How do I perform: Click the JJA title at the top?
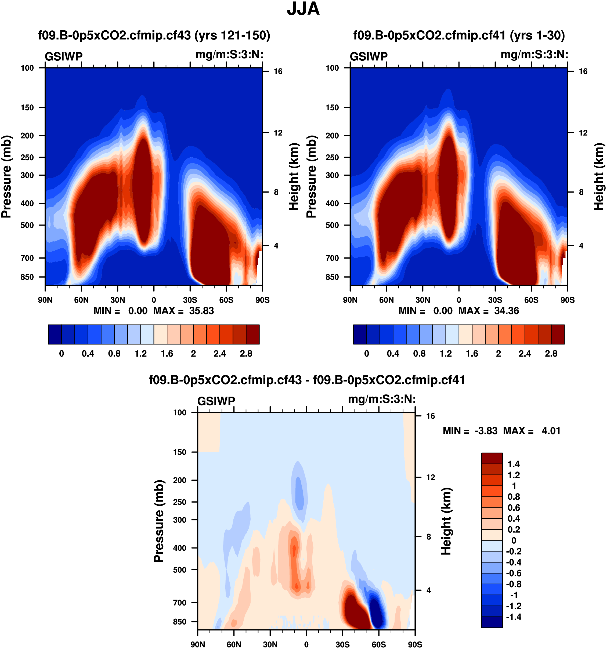point(303,9)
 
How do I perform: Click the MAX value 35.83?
point(201,310)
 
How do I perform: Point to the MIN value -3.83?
point(486,431)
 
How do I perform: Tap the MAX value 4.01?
point(551,431)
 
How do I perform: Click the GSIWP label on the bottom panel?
point(216,401)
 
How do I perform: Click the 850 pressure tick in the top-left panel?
point(27,277)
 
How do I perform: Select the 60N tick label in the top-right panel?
point(386,300)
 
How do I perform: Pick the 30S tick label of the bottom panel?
point(342,644)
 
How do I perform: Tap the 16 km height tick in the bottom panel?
point(430,416)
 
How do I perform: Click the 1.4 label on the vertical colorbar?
point(513,464)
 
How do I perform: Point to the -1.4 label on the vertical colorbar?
point(513,617)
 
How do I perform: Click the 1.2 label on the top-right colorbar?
point(445,354)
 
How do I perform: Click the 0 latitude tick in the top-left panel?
point(154,300)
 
